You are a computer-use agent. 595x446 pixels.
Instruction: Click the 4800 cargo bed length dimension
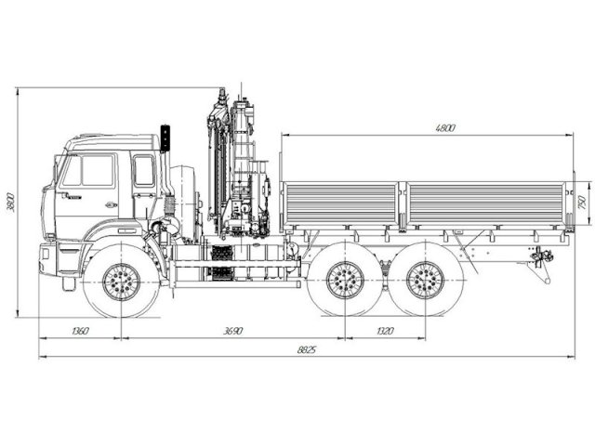[445, 128]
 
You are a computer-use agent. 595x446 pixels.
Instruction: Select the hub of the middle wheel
[345, 279]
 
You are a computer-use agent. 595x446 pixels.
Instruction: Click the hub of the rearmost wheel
[425, 279]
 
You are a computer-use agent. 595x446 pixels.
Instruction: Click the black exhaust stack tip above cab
[166, 137]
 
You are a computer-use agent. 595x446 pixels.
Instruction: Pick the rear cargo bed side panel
[485, 203]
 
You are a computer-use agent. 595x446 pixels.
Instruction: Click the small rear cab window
[143, 171]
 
